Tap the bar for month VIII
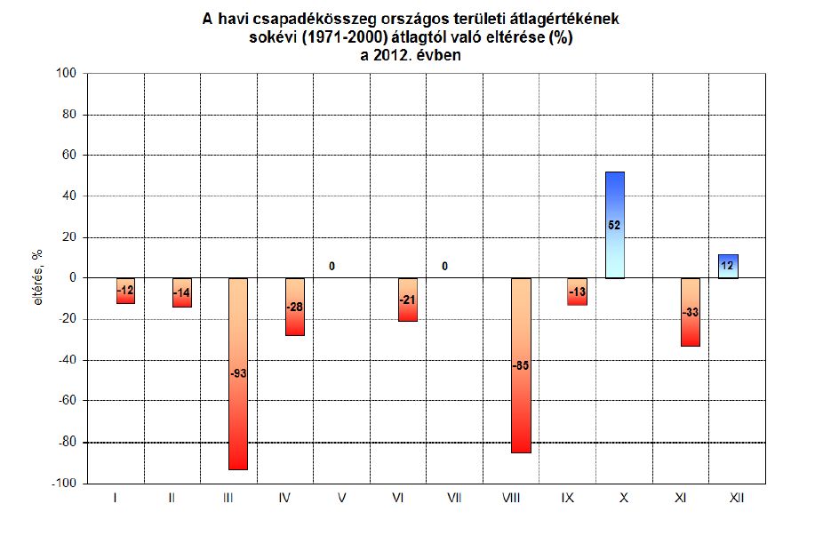[521, 409]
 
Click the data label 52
[615, 226]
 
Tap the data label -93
[238, 373]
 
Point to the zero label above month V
[332, 266]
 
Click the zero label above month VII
[444, 266]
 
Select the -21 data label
[408, 300]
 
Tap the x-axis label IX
[567, 499]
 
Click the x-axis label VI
[398, 499]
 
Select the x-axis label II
[172, 499]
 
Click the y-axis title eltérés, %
[38, 277]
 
